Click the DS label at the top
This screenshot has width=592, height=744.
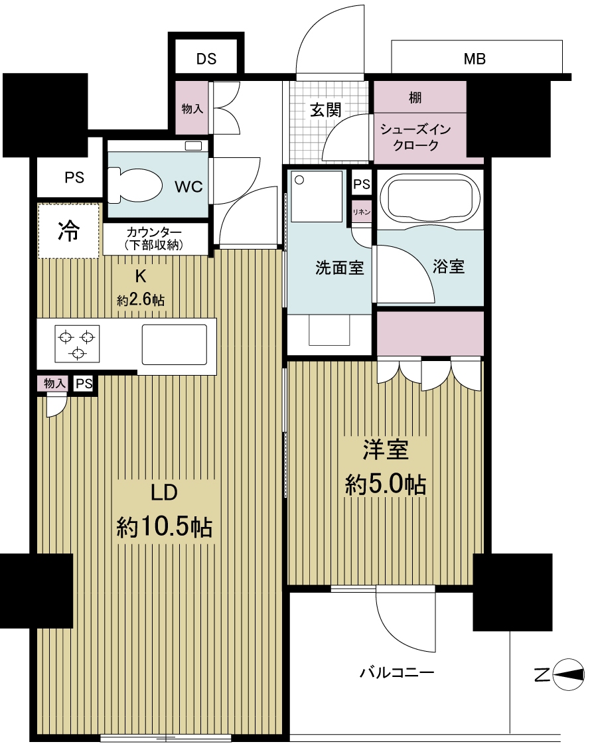206,59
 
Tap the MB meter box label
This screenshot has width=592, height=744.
475,59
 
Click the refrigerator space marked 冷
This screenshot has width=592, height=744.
68,231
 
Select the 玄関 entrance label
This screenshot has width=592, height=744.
325,110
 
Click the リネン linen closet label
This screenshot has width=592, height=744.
362,212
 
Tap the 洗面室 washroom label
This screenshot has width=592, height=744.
339,268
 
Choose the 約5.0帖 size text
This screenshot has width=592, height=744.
385,485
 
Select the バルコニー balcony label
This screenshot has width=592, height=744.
397,673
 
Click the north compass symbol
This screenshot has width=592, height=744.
568,676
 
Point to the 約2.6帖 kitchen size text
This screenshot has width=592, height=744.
141,300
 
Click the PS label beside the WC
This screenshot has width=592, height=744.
74,178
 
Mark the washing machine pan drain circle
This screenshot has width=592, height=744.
299,179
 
